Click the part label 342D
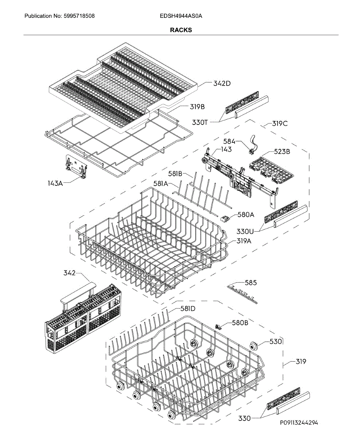[222, 83]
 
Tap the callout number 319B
[197, 107]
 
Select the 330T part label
[200, 123]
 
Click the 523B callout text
[282, 152]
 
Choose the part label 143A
[55, 183]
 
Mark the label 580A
[246, 215]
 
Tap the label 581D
[188, 309]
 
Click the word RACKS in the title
[181, 30]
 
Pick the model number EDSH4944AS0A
[181, 16]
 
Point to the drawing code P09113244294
[299, 423]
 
